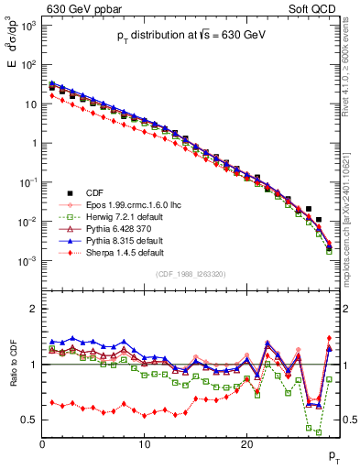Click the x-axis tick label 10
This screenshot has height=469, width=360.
(144, 444)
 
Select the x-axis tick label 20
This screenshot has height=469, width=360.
(246, 444)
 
